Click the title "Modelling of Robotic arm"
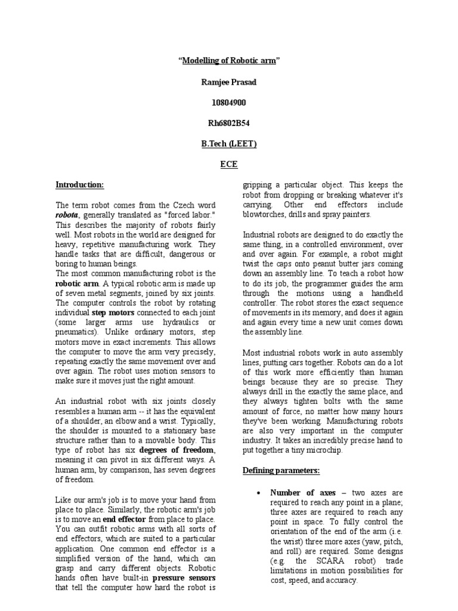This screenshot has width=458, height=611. tap(229, 61)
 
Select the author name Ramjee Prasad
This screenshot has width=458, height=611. tap(229, 82)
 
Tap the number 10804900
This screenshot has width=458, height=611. tap(229, 103)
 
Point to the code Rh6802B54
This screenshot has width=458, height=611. tap(229, 124)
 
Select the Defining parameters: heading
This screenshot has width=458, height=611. tap(281, 471)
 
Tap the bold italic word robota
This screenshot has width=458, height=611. tap(67, 215)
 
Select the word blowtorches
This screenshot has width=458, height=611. tap(268, 214)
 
